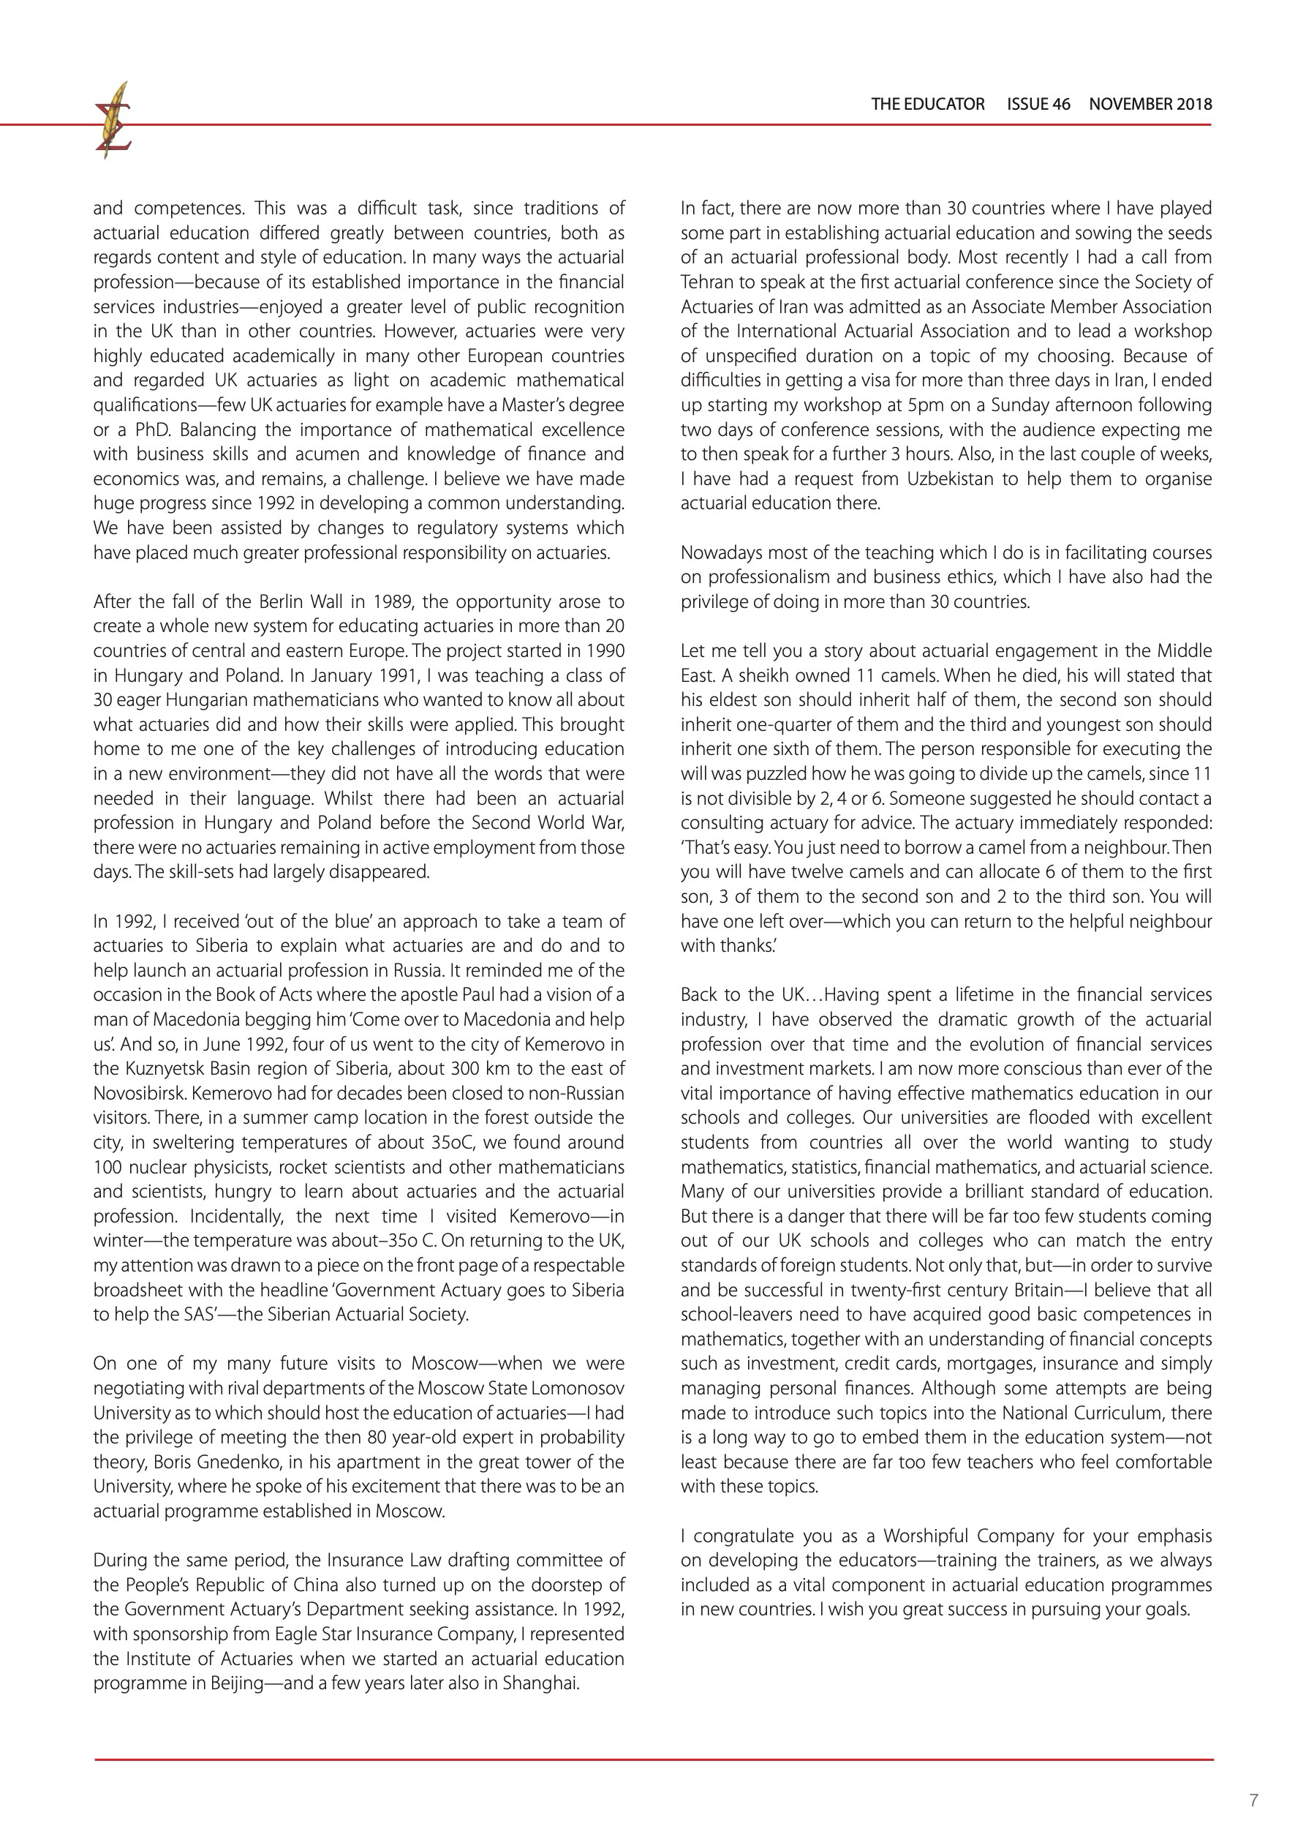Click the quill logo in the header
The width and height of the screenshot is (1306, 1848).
113,121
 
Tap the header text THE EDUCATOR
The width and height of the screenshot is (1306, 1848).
927,104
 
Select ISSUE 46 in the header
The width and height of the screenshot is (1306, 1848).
1038,104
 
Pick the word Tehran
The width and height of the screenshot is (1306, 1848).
706,282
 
